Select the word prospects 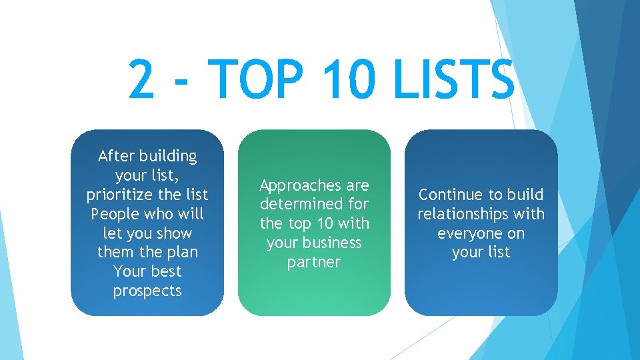tap(147, 291)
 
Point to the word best tap(166, 272)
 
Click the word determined tap(303, 204)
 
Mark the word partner tap(314, 262)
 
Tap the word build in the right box tap(525, 195)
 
